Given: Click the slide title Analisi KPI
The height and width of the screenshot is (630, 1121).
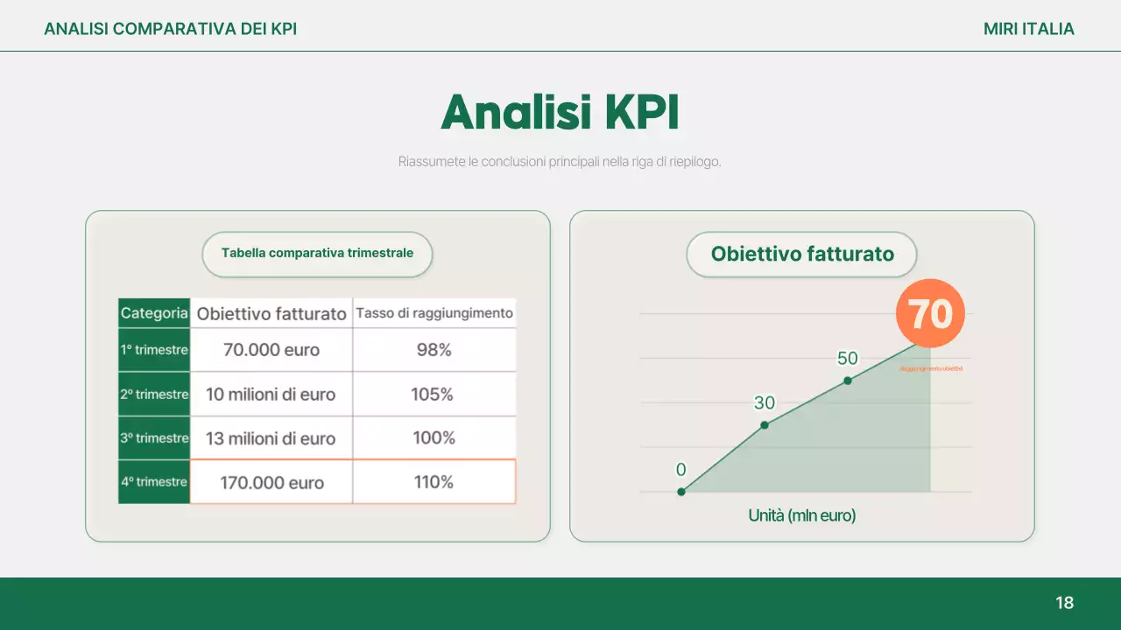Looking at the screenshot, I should coord(560,113).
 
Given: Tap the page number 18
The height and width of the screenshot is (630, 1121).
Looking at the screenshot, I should coord(1064,603).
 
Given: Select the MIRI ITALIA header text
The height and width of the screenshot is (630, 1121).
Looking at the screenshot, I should coord(1028,29).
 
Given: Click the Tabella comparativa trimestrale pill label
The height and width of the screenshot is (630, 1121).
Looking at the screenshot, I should coord(317,254).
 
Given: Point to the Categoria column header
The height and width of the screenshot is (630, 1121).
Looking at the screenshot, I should coord(154,313).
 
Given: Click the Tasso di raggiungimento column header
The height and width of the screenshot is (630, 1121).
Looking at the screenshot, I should coord(434,313).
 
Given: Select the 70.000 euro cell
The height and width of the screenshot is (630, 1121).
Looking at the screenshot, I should coord(271,350).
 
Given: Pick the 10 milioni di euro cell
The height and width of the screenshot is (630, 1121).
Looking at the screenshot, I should coord(271,395).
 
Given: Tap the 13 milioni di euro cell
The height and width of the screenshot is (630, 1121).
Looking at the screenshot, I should coord(271,438).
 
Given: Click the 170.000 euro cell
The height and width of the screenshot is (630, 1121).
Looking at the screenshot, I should coord(271,482).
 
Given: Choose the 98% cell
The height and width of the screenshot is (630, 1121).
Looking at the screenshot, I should coord(434,350).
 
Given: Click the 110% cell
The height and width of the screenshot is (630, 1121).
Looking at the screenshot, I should coord(434,482).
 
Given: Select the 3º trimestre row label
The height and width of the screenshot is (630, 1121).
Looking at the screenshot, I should coord(154,438).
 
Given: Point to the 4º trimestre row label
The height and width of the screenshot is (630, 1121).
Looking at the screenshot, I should coord(154,482).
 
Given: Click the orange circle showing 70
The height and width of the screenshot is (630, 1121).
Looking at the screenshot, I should coord(930,313).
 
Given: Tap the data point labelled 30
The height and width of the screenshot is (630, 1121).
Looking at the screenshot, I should coord(765,425).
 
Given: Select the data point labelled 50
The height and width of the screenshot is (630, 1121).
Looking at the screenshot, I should coord(848,381).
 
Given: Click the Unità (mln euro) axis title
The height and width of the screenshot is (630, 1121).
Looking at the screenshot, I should coord(802,515).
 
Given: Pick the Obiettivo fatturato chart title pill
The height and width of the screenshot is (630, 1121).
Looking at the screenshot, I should coord(802,255).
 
